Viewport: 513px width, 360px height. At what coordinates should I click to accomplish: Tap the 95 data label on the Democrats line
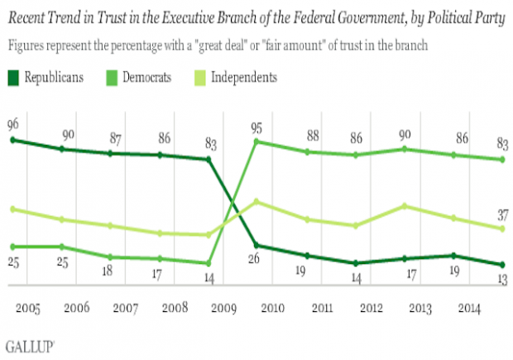click(x=256, y=124)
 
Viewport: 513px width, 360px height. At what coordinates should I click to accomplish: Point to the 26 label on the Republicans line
click(x=253, y=260)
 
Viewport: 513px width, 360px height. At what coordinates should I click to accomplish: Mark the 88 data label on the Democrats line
click(x=309, y=136)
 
